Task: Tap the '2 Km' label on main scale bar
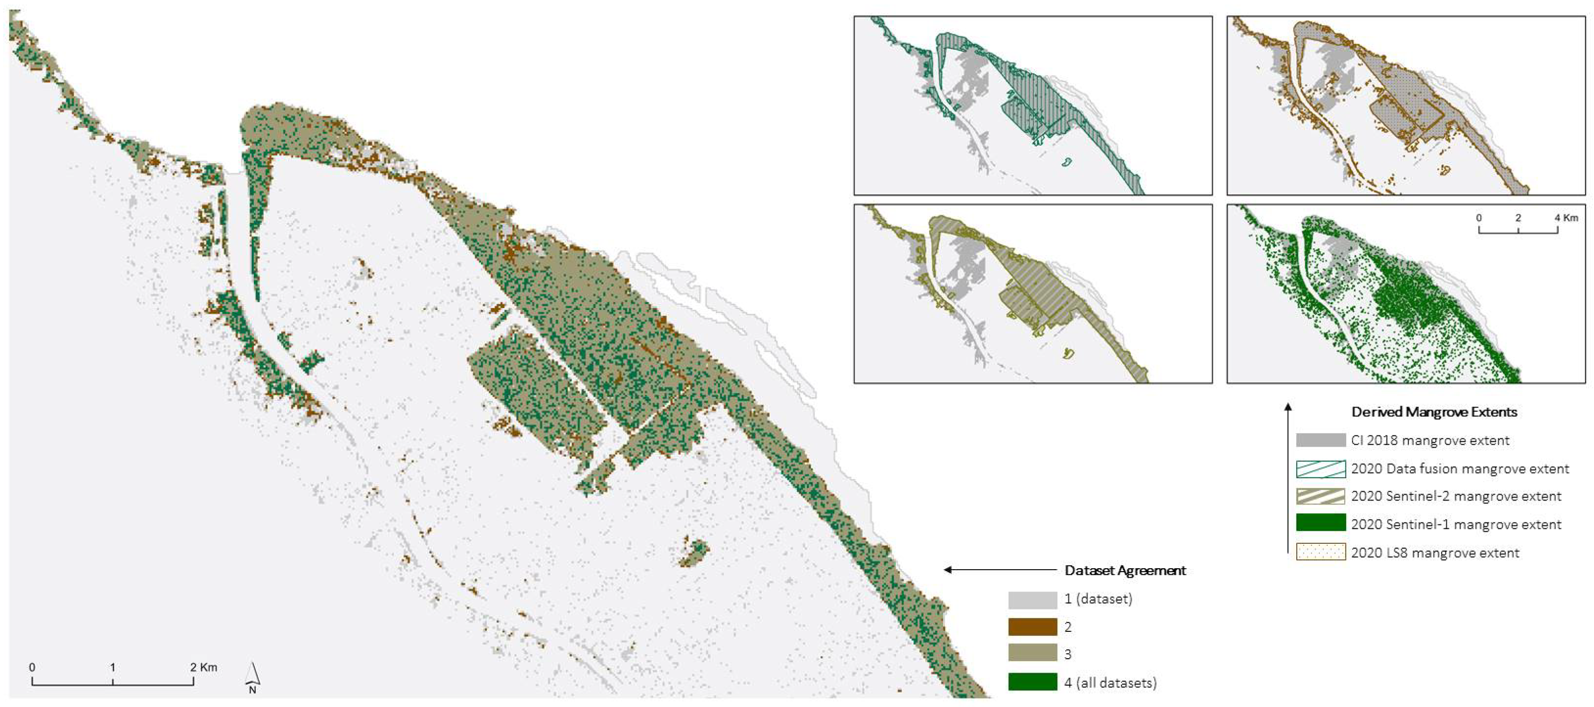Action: pos(204,667)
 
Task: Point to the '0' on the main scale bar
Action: pos(32,667)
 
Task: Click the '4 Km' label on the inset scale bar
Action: pos(1566,218)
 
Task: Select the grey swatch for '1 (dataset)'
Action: pos(1032,600)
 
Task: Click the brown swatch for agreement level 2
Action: pos(1032,627)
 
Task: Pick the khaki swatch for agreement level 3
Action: pos(1032,653)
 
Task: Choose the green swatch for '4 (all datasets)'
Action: pos(1032,682)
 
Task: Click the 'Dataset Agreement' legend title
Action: pos(1125,570)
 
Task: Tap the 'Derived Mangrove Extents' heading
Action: pos(1434,412)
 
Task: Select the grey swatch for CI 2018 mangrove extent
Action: pos(1321,440)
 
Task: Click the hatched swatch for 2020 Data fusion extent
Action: pos(1321,469)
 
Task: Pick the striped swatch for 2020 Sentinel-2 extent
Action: pos(1321,496)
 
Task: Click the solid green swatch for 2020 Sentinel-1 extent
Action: pos(1321,523)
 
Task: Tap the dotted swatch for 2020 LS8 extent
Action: pos(1321,552)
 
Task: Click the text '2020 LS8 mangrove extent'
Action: pos(1434,553)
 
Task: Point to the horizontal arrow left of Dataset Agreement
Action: pos(999,570)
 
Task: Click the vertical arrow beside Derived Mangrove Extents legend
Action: pos(1288,476)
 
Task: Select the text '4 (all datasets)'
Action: pos(1110,683)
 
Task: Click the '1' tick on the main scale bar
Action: pos(113,667)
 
